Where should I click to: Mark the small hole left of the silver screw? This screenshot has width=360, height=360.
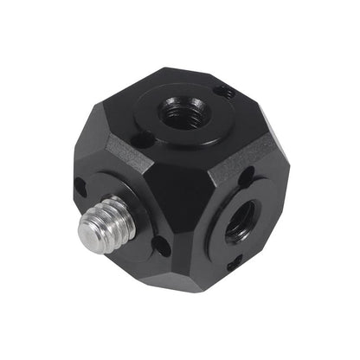tap(80, 184)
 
